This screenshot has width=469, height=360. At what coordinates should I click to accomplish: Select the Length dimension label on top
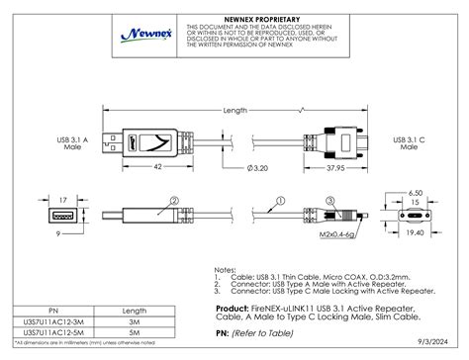(234, 110)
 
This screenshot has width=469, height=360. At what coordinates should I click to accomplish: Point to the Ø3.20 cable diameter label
(255, 169)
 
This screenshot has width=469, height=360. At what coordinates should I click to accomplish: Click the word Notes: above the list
(226, 267)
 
